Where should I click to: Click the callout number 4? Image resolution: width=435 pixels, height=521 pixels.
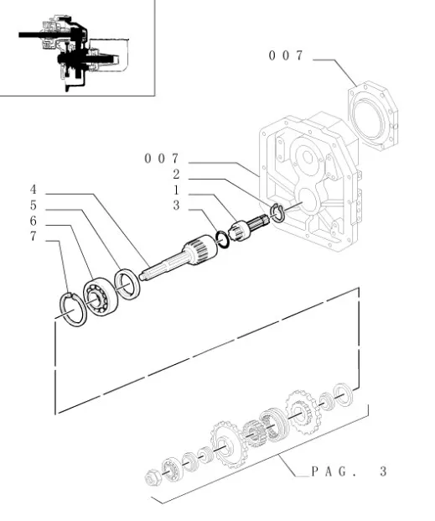pos(34,190)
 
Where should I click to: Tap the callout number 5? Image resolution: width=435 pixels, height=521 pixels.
pos(34,206)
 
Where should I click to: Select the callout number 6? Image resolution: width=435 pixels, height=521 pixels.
pos(34,221)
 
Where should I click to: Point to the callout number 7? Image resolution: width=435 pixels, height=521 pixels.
pos(34,237)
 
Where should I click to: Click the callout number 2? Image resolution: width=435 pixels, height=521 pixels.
pos(176,175)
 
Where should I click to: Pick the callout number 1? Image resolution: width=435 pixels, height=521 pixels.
pos(176,190)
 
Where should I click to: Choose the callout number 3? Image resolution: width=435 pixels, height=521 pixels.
pos(176,206)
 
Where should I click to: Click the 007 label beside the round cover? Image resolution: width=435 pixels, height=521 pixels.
pos(286,55)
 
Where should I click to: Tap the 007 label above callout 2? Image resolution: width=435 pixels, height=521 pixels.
pos(162,159)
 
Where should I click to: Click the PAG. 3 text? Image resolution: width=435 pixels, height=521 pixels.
pos(349,472)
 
